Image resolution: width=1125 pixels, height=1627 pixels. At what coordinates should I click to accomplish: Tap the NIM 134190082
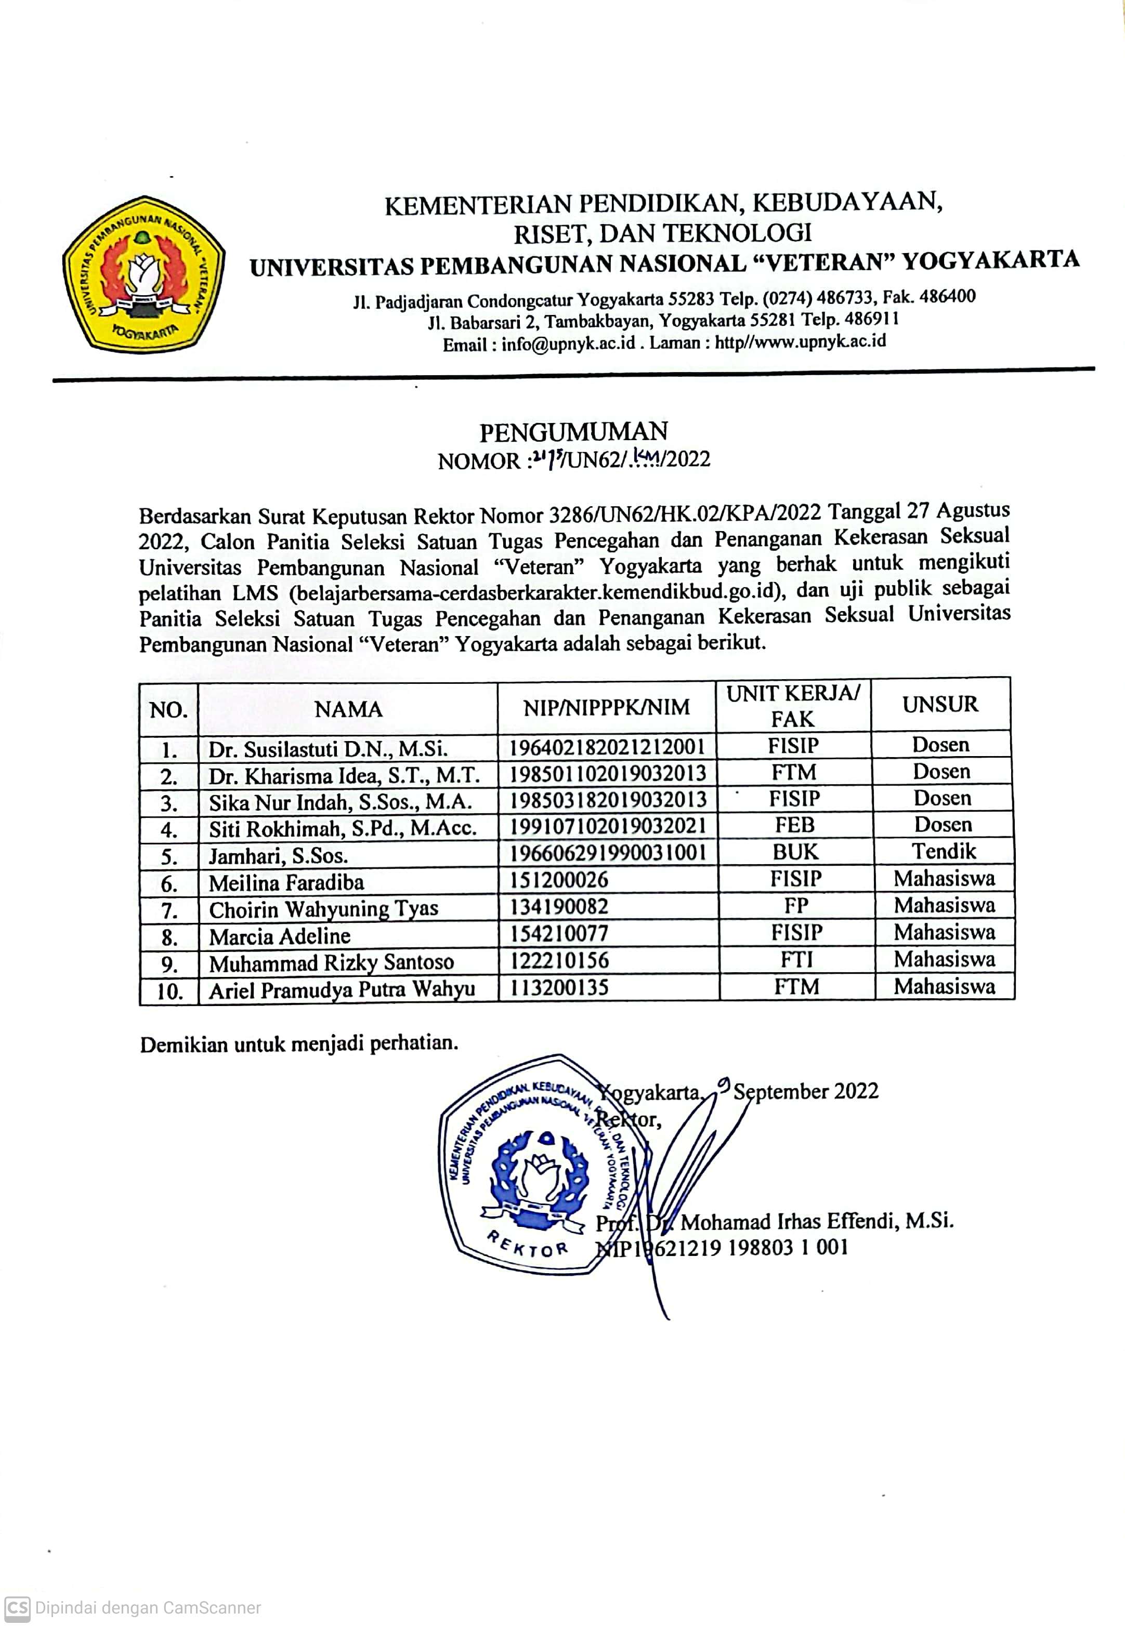click(558, 906)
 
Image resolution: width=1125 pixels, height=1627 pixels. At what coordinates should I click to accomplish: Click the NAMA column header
click(348, 709)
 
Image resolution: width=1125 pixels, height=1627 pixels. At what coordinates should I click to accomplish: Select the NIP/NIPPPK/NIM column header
click(606, 707)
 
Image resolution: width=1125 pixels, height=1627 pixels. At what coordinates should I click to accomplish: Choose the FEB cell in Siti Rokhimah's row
click(794, 825)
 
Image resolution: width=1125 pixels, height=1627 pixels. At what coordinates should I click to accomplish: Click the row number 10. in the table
click(169, 991)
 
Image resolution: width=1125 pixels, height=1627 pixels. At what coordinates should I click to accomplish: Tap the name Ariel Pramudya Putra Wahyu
click(342, 990)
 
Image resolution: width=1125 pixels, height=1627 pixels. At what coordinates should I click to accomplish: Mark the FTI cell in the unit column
click(796, 960)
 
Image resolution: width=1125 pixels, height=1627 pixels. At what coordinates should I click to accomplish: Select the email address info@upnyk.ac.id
click(568, 345)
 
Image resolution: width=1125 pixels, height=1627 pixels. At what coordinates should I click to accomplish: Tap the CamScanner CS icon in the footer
click(18, 1607)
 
